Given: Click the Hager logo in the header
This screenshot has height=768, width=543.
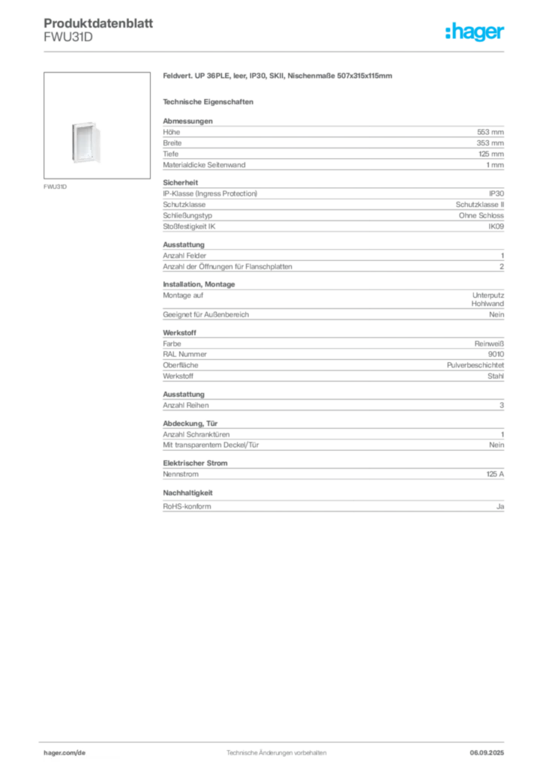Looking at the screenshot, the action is [474, 31].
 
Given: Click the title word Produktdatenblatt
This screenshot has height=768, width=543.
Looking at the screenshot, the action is [98, 23].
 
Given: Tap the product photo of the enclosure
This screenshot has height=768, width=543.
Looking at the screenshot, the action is [86, 142].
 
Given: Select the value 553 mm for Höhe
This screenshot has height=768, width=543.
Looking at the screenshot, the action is [490, 132].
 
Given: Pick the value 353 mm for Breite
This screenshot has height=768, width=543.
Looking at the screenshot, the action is [490, 143].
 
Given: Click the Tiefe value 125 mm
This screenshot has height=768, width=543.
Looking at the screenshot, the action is [491, 154].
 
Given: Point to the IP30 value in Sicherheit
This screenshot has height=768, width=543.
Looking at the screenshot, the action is [496, 193].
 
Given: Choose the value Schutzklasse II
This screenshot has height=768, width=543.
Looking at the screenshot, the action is [480, 204].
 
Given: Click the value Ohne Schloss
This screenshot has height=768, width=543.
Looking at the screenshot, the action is [481, 215].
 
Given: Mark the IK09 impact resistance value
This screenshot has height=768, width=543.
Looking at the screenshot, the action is [496, 226].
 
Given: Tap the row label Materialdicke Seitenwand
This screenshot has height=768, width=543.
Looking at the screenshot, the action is [204, 165].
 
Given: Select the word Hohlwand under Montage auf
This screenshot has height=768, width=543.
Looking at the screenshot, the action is [487, 304].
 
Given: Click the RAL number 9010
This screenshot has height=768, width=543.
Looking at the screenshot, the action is [496, 354].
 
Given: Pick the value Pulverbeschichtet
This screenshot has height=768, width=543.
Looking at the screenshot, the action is [475, 365].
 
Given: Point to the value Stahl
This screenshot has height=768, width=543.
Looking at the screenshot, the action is [496, 376].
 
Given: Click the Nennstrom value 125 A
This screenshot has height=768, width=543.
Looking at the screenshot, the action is [495, 474].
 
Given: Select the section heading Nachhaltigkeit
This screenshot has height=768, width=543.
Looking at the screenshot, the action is [187, 493].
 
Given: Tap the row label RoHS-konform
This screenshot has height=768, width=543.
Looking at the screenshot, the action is [187, 506].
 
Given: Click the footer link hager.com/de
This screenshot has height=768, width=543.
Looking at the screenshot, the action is [64, 753].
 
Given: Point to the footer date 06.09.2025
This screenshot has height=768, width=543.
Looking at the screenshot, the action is [487, 753].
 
